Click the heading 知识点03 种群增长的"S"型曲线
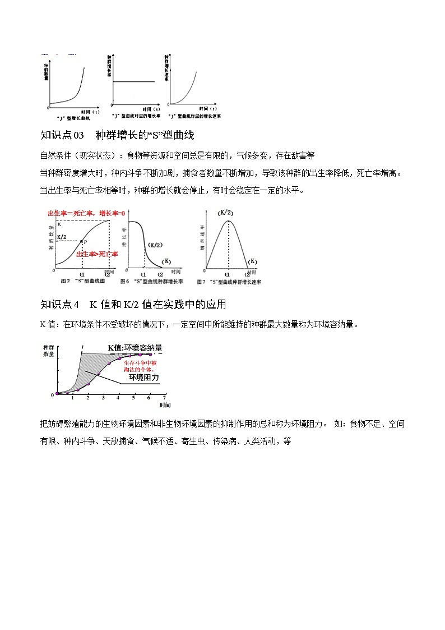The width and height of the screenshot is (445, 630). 117,135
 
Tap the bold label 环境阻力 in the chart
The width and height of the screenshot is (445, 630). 143,378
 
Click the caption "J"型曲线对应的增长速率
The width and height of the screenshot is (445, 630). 194,116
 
